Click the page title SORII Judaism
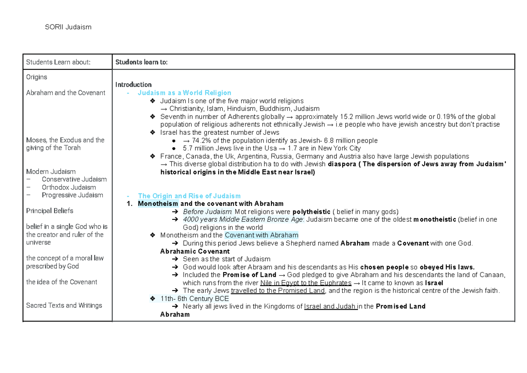click(x=68, y=27)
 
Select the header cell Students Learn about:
click(x=58, y=62)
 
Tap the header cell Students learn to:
click(x=141, y=62)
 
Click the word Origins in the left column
click(x=36, y=77)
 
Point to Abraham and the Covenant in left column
click(x=65, y=93)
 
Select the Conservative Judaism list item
click(x=74, y=179)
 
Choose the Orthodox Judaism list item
click(x=69, y=187)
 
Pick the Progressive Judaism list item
click(x=72, y=195)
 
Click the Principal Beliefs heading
click(x=50, y=211)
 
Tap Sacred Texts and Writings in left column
click(x=64, y=305)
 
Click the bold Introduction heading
click(x=134, y=85)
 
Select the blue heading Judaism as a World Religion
click(x=184, y=93)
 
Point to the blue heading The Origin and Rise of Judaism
click(x=189, y=196)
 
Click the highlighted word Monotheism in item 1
click(x=158, y=204)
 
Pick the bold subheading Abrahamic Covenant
click(x=195, y=251)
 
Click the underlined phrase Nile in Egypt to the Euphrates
click(x=306, y=283)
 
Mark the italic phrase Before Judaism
click(x=208, y=212)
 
